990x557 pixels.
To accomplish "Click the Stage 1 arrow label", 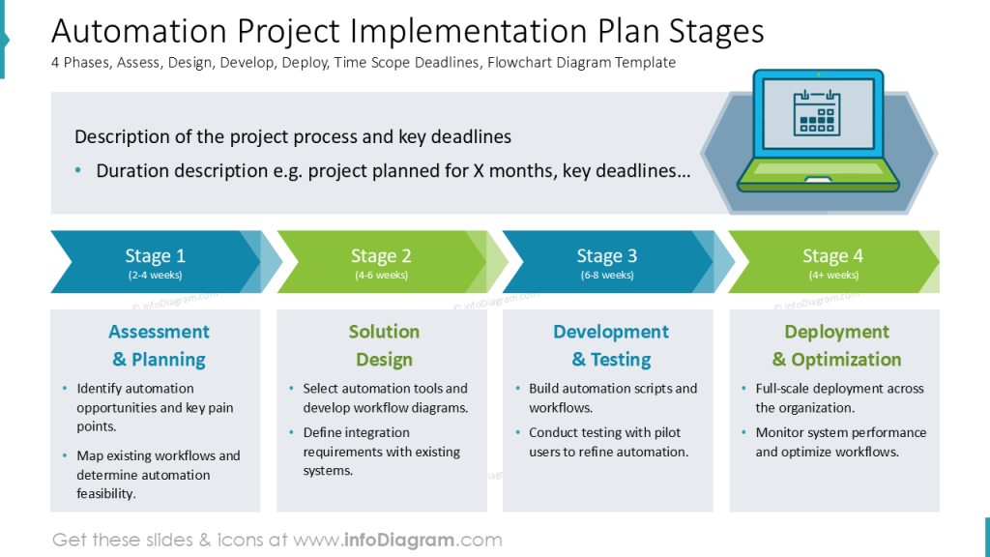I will click(155, 256).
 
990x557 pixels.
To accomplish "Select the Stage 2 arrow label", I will click(381, 256).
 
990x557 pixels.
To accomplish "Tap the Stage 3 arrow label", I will click(606, 256).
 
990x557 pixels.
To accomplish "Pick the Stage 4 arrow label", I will click(832, 256).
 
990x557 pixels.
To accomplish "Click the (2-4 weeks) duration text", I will click(155, 276).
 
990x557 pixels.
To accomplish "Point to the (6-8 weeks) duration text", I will click(606, 276).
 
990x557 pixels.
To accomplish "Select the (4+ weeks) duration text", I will click(832, 276).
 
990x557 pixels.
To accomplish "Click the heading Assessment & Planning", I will click(159, 345).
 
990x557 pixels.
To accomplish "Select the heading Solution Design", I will click(384, 345).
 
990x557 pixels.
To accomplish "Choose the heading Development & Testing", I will click(610, 345).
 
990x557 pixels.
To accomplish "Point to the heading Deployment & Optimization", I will click(836, 345).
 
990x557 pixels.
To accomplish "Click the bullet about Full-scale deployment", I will click(839, 397).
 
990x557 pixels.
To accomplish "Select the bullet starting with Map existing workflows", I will click(159, 474).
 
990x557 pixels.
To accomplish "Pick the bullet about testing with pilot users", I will click(608, 442).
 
